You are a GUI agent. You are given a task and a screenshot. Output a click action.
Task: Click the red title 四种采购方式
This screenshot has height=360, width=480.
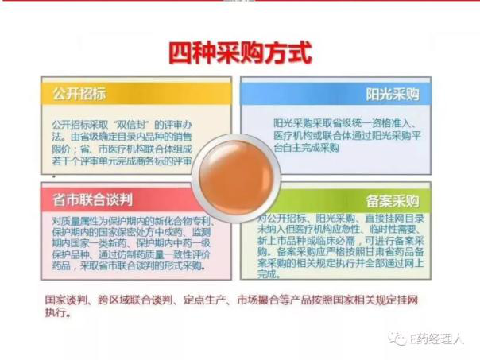[x=240, y=52]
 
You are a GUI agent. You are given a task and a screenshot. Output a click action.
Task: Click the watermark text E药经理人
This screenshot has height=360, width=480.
[x=435, y=340]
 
